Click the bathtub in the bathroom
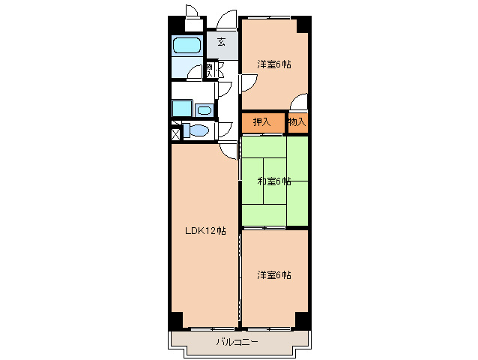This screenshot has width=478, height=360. (x=187, y=46)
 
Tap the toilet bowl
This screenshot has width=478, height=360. (x=198, y=131)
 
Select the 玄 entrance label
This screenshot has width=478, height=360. (x=222, y=42)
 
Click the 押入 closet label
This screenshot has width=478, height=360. (x=261, y=121)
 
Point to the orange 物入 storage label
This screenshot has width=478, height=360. (x=297, y=121)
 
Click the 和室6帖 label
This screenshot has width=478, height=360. (x=273, y=181)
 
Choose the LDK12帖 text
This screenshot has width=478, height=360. (x=205, y=230)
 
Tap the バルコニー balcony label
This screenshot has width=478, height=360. (x=238, y=342)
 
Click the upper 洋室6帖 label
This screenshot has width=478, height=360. (x=274, y=64)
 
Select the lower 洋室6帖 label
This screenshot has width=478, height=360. (x=274, y=274)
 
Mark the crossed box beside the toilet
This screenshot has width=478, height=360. (x=175, y=134)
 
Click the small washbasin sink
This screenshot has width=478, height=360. (x=205, y=110)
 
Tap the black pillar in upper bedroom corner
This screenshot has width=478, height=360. (x=303, y=24)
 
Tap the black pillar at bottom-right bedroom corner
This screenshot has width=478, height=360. (x=303, y=320)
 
